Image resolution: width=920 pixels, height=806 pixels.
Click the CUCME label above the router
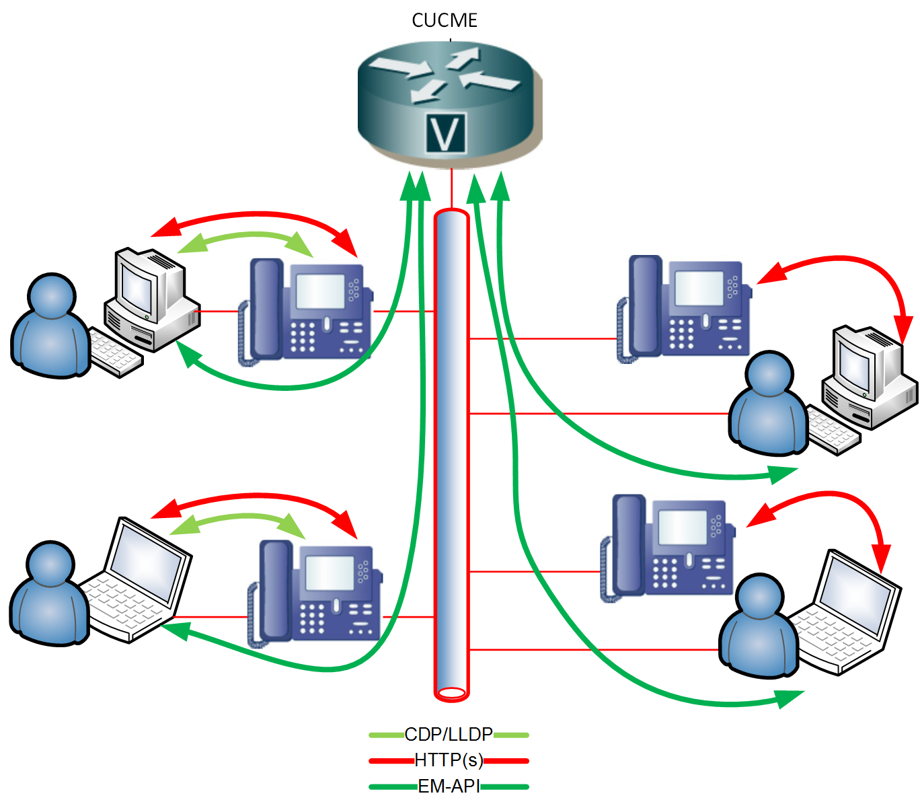coord(445,21)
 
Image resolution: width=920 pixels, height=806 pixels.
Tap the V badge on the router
coord(446,133)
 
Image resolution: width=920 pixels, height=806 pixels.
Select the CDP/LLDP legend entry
coord(449,734)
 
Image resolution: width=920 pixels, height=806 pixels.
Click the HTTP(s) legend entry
coord(449,760)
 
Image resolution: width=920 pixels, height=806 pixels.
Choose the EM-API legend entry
coord(449,786)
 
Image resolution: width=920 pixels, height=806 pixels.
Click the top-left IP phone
coord(306,311)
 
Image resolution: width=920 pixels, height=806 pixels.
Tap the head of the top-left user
coord(52,295)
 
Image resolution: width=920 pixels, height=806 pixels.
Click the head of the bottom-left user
coord(50,563)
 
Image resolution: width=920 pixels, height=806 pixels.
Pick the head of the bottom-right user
coord(761,596)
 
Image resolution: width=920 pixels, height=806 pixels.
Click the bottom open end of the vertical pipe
coord(451,692)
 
